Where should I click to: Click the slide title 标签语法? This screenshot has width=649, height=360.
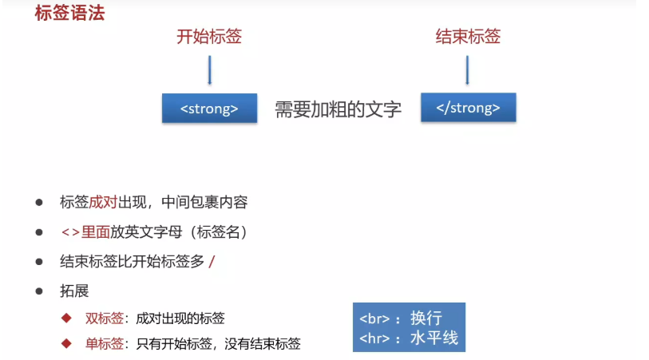tap(69, 14)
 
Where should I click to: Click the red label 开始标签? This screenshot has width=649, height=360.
tap(209, 37)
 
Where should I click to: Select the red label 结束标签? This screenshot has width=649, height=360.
tap(468, 37)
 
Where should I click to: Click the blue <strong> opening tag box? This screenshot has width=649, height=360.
tap(209, 109)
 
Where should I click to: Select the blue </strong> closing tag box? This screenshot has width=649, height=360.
tap(468, 109)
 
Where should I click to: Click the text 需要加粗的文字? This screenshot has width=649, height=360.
tap(338, 109)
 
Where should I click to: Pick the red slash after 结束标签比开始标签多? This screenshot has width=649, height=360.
tap(212, 262)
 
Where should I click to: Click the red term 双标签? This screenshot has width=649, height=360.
tap(104, 318)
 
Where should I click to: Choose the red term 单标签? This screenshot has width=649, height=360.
tap(104, 344)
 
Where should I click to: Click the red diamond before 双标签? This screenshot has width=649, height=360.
tap(67, 318)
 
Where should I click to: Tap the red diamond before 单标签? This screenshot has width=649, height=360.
tap(67, 344)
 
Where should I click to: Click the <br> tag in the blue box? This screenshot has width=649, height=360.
tap(375, 318)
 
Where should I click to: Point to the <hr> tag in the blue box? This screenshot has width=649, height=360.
tap(375, 338)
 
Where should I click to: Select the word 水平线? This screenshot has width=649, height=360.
tap(434, 338)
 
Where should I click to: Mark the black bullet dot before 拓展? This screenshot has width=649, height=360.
tap(38, 291)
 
